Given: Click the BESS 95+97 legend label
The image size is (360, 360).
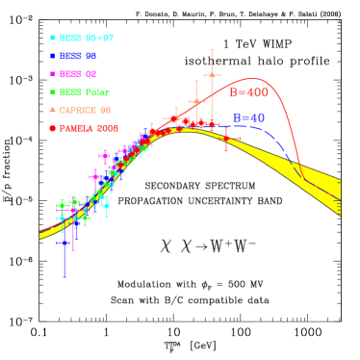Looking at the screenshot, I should (x=87, y=39).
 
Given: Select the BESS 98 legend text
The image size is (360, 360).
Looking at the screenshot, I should (x=78, y=57).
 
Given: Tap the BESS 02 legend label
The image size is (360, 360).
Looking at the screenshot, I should (x=78, y=74).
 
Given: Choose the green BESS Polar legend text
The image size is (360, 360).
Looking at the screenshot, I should (x=85, y=92).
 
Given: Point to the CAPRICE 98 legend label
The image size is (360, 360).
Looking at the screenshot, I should (x=86, y=111).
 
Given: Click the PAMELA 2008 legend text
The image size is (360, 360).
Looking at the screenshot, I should (x=90, y=128).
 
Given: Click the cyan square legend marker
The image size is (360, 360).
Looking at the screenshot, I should (x=53, y=39).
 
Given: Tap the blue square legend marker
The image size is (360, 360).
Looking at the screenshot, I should (x=53, y=57).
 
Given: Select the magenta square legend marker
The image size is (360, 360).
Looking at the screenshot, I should (x=53, y=74).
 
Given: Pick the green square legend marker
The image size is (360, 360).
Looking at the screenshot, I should (x=53, y=92).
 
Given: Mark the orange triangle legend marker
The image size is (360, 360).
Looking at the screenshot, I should (x=53, y=110).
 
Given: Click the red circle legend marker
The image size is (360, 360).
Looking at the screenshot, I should (x=53, y=128).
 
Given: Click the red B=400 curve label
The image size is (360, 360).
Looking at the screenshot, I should (x=248, y=93).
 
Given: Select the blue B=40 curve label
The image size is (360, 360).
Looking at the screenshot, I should (x=248, y=118).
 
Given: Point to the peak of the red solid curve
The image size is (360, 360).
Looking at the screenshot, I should (x=253, y=79).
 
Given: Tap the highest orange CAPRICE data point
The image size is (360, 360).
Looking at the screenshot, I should (x=212, y=74).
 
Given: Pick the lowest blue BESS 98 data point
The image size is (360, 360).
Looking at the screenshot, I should (x=64, y=243).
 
